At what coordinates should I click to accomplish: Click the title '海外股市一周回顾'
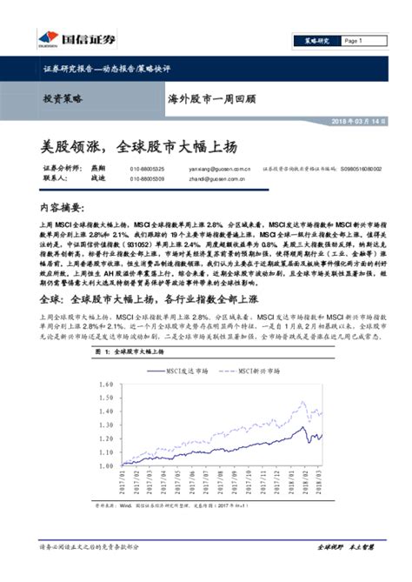coord(210,99)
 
